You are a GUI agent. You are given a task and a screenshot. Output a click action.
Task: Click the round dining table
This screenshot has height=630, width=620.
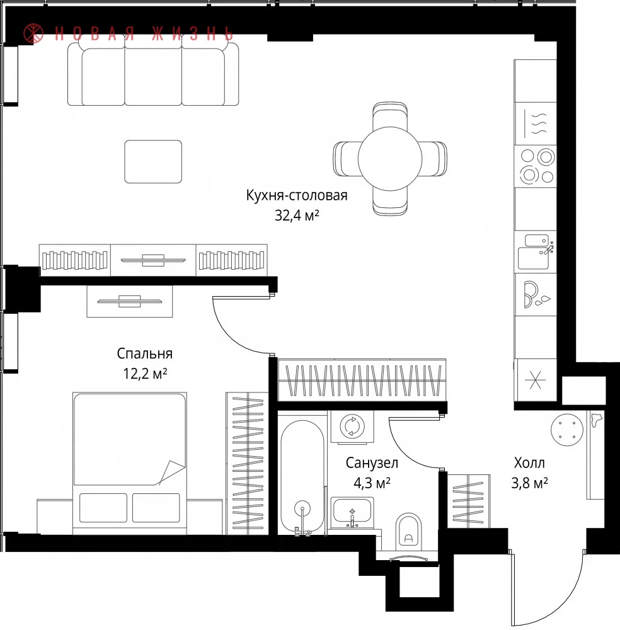(390, 159)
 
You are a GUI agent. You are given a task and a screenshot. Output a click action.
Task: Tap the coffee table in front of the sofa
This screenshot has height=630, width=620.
(153, 161)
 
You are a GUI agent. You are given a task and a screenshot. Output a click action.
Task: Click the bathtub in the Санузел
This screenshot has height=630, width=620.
(302, 476)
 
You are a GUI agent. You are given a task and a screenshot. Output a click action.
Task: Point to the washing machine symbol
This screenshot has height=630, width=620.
(352, 427)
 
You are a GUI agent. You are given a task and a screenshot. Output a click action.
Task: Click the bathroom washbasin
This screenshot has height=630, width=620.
(352, 513)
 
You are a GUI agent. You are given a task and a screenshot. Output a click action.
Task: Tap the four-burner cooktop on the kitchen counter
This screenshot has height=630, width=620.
(535, 166)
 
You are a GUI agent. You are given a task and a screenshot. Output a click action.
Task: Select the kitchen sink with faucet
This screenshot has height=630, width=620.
(535, 251)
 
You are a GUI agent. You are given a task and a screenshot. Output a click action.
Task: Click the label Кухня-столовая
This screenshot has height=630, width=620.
(297, 195)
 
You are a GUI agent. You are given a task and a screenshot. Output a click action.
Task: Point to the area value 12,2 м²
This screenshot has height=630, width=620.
(145, 374)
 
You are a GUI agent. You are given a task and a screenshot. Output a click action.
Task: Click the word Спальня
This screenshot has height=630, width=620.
(145, 353)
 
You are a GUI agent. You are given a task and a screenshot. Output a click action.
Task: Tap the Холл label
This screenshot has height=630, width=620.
(529, 463)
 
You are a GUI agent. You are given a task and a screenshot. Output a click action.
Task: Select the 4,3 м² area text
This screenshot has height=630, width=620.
(372, 483)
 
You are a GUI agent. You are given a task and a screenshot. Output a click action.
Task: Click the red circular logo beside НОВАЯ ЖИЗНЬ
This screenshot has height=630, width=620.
(33, 33)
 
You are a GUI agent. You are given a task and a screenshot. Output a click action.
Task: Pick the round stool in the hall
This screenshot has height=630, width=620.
(567, 430)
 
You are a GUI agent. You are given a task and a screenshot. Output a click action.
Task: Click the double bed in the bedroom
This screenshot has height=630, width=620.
(129, 464)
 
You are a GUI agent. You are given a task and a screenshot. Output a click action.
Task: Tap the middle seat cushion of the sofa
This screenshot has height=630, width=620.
(153, 76)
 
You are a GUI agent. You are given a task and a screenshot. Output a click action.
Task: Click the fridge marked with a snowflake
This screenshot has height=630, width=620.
(535, 380)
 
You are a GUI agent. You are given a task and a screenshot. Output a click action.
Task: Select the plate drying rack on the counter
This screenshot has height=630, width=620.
(535, 294)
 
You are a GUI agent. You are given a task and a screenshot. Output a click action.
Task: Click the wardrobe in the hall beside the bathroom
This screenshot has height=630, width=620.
(469, 501)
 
